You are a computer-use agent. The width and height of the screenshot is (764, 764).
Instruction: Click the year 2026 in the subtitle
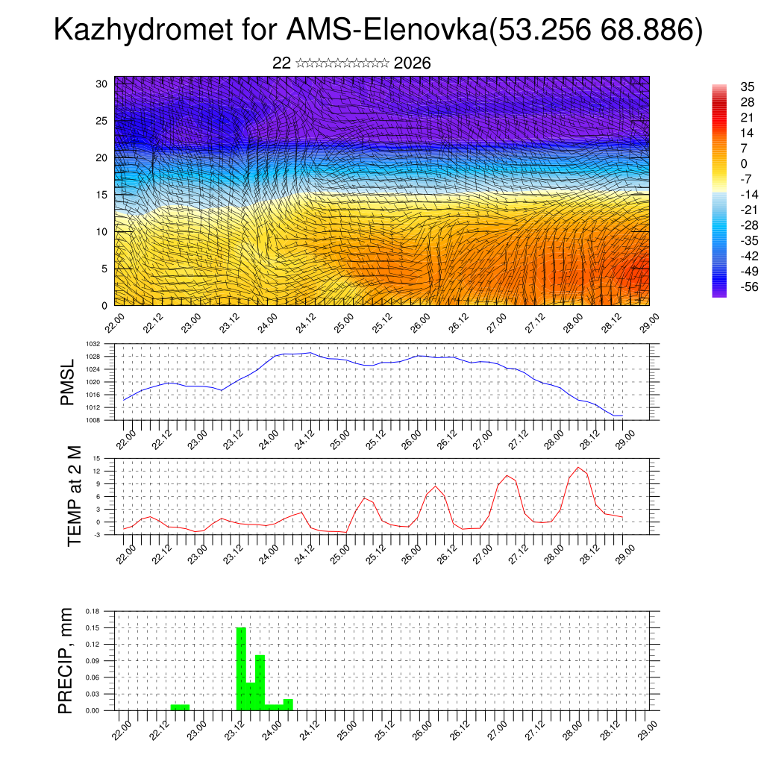tap(412, 63)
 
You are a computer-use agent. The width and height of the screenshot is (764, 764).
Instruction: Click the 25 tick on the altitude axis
tap(103, 120)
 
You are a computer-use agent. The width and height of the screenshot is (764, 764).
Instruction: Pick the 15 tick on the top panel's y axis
tap(103, 194)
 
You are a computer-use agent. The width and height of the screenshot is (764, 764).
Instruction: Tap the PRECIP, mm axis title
tap(66, 661)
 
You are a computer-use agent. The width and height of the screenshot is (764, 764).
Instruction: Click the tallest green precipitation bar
tap(241, 668)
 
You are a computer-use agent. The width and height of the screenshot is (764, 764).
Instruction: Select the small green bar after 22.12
tap(180, 707)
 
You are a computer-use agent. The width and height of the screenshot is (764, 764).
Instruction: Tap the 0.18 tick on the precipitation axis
tap(93, 611)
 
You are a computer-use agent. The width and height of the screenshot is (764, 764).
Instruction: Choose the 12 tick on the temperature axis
tap(97, 472)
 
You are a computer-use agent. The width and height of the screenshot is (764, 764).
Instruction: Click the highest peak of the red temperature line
tap(578, 467)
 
